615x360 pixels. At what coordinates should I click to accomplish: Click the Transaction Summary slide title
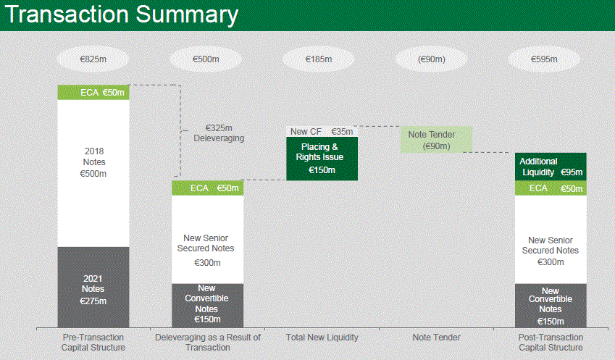coord(122,15)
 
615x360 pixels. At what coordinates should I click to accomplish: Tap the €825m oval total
coord(93,59)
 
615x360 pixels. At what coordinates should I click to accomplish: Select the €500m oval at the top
coord(206,59)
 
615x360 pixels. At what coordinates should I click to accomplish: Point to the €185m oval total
coord(319,59)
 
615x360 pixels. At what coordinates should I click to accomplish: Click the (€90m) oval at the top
coord(431,59)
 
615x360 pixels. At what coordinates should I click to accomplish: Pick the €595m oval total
coord(544,59)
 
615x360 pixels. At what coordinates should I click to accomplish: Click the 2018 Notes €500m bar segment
coord(93,173)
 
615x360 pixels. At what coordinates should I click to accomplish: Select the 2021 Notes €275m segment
coord(93,288)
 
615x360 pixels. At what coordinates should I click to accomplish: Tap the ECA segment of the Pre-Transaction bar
coord(93,93)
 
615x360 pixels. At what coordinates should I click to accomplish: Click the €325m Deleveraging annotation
coord(219,133)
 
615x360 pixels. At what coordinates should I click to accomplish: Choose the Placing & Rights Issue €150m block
coord(322,159)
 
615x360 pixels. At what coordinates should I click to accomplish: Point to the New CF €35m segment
coord(322,132)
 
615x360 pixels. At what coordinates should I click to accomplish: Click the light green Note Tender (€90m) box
coord(436,140)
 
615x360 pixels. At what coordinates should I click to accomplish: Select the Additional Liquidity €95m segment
coord(551,167)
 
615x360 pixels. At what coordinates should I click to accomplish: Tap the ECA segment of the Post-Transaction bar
coord(551,188)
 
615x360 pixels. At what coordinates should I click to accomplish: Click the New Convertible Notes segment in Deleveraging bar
coord(207,306)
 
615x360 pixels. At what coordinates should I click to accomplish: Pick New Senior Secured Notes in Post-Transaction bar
coord(551,240)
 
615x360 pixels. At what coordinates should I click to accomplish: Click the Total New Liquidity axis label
coord(322,338)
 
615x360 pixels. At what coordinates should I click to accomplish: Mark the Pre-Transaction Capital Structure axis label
coord(93,343)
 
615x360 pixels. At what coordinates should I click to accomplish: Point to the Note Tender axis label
coord(436,338)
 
